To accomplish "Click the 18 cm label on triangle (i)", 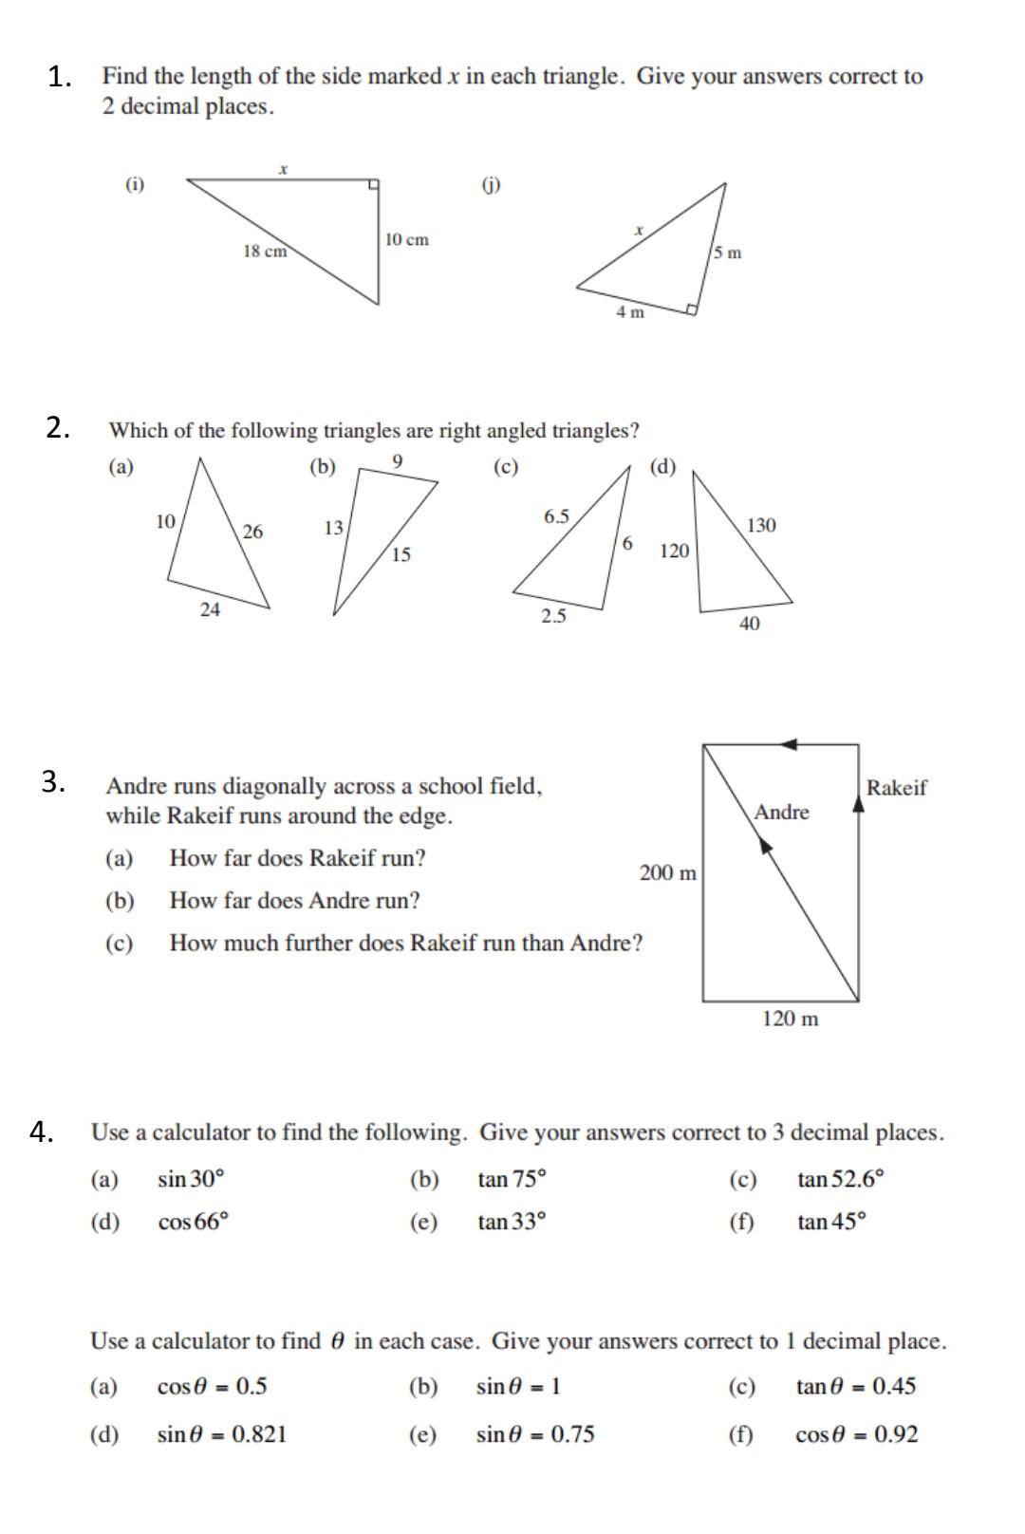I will (x=265, y=252).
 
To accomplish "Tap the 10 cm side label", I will (x=406, y=239).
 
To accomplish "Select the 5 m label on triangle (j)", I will (x=728, y=253).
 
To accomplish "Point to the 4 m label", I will (x=630, y=311).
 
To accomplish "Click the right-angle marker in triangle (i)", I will (x=374, y=184).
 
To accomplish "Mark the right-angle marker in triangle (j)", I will (x=693, y=309).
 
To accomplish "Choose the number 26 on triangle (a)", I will (x=252, y=532).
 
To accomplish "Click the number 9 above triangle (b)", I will (x=398, y=461).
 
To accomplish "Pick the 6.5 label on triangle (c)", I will (x=556, y=516).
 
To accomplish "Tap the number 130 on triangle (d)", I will (x=761, y=525).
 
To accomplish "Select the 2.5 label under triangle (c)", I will (x=553, y=616).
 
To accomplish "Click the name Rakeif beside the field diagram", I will (x=896, y=787).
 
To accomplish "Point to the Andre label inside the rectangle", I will (x=782, y=813).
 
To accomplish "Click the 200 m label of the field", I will (x=668, y=872).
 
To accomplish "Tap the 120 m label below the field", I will (x=790, y=1020).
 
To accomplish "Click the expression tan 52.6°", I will (x=841, y=1180).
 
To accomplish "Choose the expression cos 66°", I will (x=194, y=1222).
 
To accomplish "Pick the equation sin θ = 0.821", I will (x=222, y=1434).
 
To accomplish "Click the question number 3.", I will (x=52, y=782).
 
